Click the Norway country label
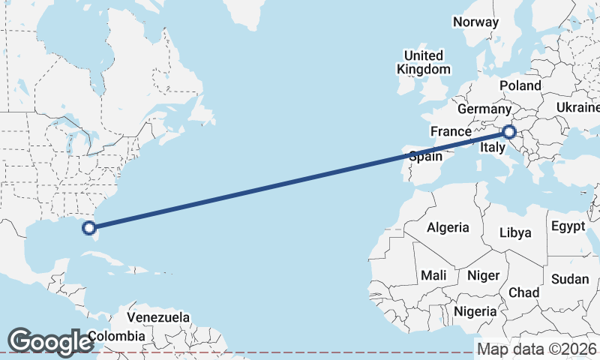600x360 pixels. pos(475,22)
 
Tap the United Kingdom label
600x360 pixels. pos(424,62)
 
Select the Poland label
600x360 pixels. pos(520,85)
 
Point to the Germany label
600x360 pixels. pos(484,109)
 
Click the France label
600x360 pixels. pos(450,131)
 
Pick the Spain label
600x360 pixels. pos(424,157)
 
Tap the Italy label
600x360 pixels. pos(492,148)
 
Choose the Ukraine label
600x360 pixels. pos(577,108)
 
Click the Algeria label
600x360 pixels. pos(448,227)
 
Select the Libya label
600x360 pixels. pos(515,232)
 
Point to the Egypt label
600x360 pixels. pos(568,226)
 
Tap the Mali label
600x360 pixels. pos(433,275)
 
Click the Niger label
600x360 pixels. pos(483,275)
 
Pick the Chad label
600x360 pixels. pos(523,292)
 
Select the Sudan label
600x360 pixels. pos(569,279)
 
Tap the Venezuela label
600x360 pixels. pos(157,318)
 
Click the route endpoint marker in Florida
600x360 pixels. pos(88,227)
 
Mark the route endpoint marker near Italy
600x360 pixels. pos(509,133)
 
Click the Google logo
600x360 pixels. pos(50,342)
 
